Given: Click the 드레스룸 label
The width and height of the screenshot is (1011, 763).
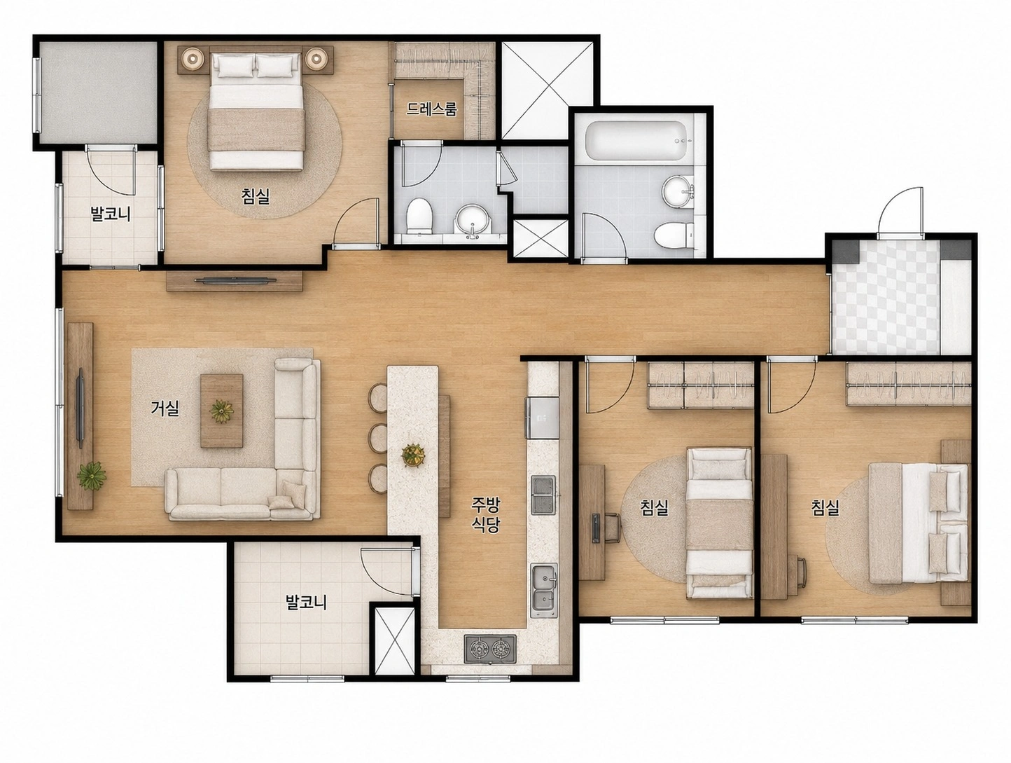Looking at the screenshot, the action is coord(431,109).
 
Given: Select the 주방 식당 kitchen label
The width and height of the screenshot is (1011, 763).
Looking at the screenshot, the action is coord(485,515).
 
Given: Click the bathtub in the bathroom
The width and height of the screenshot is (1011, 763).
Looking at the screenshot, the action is coord(634,139).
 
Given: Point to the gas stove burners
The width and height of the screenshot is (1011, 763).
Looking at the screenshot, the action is coord(489,649).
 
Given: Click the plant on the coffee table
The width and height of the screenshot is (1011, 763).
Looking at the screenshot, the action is coord(221,411).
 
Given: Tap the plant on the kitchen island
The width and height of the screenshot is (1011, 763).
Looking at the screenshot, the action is coord(413,455).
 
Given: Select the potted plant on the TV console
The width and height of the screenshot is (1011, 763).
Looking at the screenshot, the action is coord(92,476).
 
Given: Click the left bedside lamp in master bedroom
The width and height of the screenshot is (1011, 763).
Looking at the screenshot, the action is coord(193,58).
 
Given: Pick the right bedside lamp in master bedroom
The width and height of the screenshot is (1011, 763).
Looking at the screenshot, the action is coord(316,58).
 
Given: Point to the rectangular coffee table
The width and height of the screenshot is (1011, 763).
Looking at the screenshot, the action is coord(221,411).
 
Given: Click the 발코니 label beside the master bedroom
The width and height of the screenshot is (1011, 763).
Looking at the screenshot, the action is coord(111,214).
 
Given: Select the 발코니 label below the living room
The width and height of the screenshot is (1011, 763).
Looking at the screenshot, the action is coord(306,602).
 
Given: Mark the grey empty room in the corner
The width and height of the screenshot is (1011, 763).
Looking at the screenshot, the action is coord(98,92).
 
